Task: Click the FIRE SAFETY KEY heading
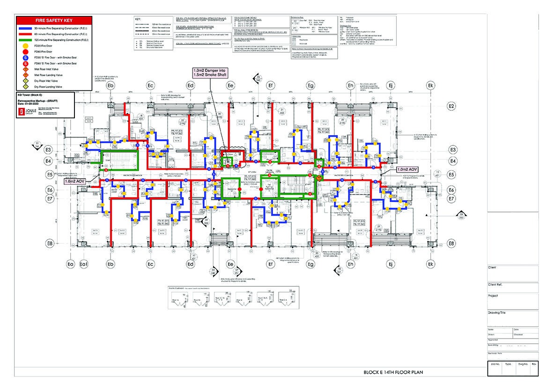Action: [x=54, y=21]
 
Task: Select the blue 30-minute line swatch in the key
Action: [x=29, y=29]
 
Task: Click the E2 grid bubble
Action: [x=451, y=107]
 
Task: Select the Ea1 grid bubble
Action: [x=84, y=264]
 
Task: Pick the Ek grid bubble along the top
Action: [x=430, y=86]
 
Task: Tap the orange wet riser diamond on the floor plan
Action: [x=320, y=178]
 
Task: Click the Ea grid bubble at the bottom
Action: [x=71, y=264]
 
